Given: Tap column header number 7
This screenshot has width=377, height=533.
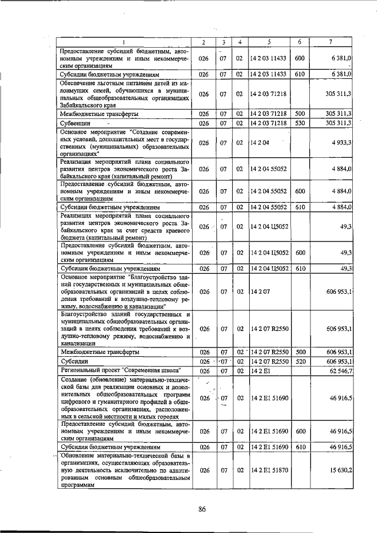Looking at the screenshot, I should pyautogui.click(x=333, y=41).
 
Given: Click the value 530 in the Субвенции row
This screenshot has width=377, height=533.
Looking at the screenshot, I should pyautogui.click(x=299, y=123).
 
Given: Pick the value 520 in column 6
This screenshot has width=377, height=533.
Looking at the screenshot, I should pyautogui.click(x=299, y=360).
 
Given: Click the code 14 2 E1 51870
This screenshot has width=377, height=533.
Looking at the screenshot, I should pyautogui.click(x=268, y=487).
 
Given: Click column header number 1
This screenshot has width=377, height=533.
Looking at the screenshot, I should pyautogui.click(x=124, y=41).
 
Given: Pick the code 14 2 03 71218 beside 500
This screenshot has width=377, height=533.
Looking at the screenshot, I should pyautogui.click(x=268, y=113).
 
